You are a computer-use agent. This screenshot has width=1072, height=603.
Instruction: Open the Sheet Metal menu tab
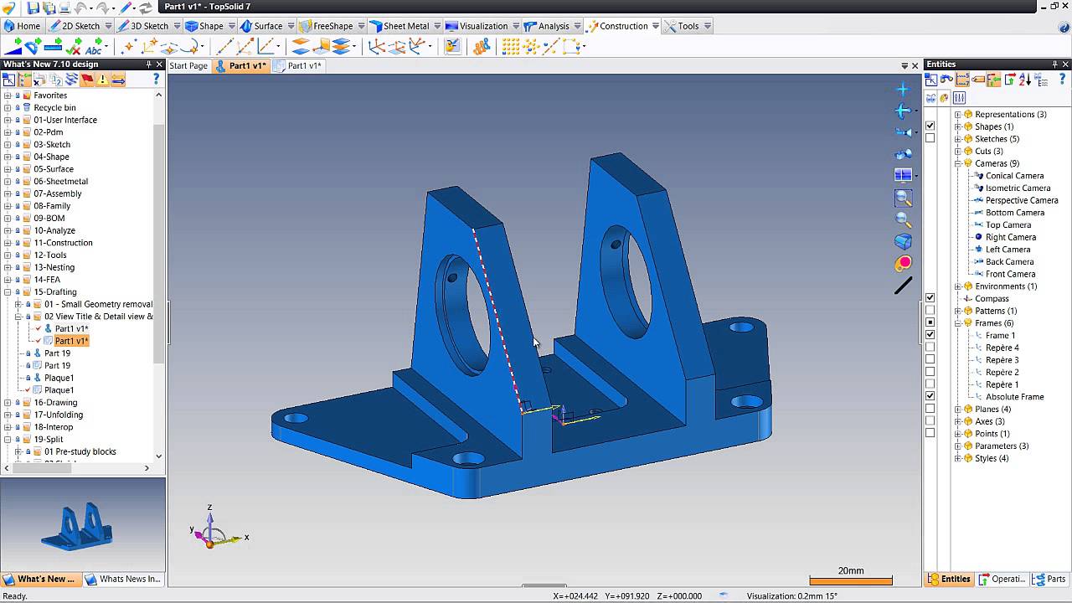[405, 26]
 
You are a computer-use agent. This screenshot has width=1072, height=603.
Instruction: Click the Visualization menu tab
[482, 26]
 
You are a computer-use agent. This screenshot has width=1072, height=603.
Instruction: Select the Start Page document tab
[188, 65]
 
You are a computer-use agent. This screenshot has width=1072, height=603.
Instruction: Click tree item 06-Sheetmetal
[60, 181]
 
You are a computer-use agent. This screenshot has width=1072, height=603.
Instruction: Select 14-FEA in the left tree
[47, 280]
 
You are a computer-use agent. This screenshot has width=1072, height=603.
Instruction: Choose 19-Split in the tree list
[48, 439]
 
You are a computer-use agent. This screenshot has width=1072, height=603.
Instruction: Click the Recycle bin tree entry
[54, 107]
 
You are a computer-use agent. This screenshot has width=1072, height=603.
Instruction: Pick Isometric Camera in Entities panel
[1018, 188]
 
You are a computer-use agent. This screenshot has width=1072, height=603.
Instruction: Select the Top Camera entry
[1008, 224]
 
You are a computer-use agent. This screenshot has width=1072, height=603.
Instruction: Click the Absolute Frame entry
[1014, 396]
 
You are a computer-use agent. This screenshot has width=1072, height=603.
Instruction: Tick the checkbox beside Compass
[930, 298]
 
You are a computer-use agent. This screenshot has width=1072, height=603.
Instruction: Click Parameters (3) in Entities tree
[1002, 446]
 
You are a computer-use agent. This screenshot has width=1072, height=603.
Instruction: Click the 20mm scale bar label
[850, 570]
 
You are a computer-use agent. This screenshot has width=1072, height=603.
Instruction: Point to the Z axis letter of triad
[209, 507]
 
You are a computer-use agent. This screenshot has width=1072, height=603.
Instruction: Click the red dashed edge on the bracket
[494, 310]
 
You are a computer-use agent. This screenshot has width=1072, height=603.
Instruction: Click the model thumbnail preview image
[83, 525]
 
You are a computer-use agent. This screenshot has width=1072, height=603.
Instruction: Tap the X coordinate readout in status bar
[576, 596]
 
